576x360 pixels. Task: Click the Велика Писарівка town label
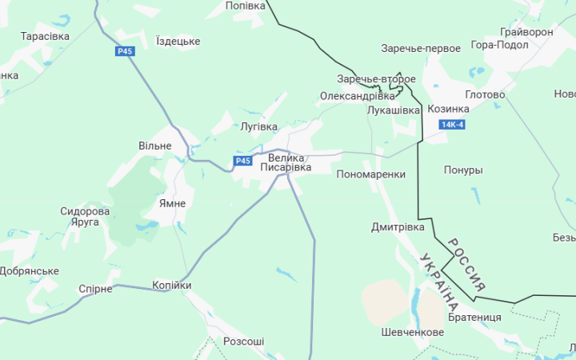tap(286, 163)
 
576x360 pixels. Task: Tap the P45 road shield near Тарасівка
tap(124, 51)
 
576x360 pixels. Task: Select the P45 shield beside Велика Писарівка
tap(243, 161)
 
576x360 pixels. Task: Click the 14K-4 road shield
tap(452, 125)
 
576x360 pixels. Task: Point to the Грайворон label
tap(526, 32)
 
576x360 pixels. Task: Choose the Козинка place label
tap(448, 109)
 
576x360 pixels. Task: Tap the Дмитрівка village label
tap(398, 227)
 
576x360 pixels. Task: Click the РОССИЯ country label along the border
tap(466, 265)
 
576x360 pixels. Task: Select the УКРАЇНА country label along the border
tap(439, 282)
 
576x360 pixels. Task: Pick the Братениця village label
tap(474, 317)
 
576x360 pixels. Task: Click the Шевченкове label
tap(412, 332)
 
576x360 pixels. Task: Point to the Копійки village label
tap(172, 286)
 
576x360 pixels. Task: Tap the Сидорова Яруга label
tap(85, 217)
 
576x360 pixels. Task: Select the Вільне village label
tap(154, 146)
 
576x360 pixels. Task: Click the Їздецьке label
tap(178, 41)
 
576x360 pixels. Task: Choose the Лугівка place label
tap(258, 126)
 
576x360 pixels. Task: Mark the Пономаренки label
tap(371, 174)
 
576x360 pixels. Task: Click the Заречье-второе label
tap(376, 79)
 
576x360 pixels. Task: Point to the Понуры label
tap(463, 170)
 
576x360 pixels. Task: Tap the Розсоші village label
tap(243, 342)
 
